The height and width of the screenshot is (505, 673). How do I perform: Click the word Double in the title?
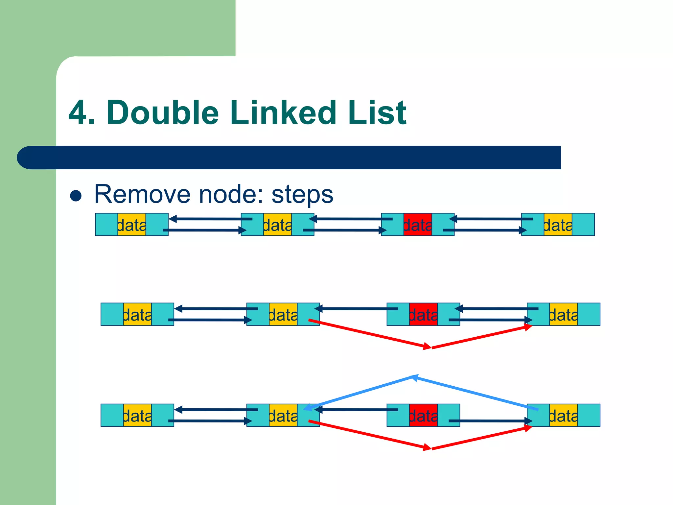point(163,113)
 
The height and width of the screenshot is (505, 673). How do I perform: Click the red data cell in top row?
point(418,225)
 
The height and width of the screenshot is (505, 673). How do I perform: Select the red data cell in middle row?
point(423,314)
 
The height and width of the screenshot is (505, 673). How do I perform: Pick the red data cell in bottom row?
point(423,415)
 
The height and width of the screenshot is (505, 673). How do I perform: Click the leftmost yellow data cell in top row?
point(132,225)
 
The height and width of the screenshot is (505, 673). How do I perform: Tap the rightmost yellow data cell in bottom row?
point(563,415)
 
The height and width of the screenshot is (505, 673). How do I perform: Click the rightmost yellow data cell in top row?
point(558,225)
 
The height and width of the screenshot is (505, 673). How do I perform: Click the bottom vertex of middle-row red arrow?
point(430,347)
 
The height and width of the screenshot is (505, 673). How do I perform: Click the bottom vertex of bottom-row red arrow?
point(430,448)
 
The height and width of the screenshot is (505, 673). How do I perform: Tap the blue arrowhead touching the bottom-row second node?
point(307,408)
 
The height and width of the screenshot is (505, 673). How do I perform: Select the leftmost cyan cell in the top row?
point(106,225)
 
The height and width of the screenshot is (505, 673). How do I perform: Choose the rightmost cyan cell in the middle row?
point(589,314)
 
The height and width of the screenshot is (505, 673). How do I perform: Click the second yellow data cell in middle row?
point(283,314)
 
